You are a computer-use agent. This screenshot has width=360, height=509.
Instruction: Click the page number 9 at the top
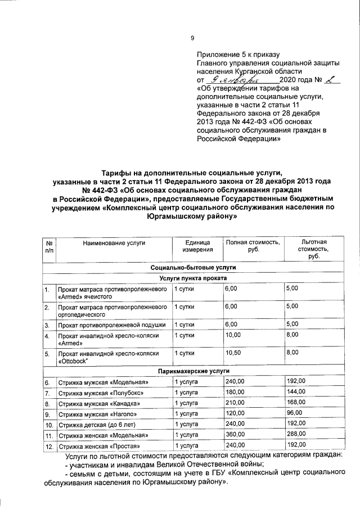[192, 38]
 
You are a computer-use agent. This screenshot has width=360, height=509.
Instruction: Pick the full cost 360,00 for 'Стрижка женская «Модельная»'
[235, 435]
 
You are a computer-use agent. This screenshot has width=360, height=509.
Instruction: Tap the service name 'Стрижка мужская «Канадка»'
[98, 404]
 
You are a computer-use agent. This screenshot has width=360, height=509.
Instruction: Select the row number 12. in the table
[48, 446]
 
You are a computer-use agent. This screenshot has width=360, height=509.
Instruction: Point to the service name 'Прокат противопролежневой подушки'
[111, 325]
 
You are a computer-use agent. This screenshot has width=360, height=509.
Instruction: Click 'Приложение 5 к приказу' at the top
[238, 55]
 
